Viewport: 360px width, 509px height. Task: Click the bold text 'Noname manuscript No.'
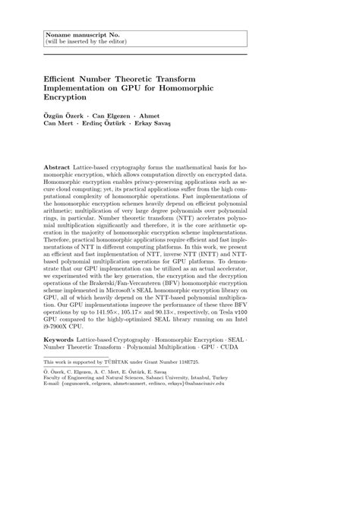pyautogui.click(x=74, y=34)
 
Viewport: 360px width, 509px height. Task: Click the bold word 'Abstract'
pyautogui.click(x=58, y=165)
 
